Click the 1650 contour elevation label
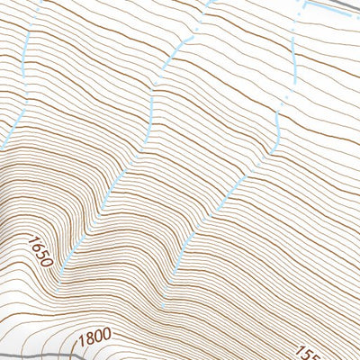coord(41,251)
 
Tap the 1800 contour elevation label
coord(94,338)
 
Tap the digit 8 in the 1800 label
coord(87,338)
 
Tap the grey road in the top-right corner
coord(346,7)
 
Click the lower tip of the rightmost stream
coord(174,269)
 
